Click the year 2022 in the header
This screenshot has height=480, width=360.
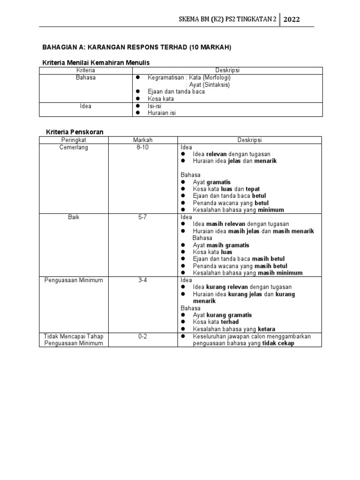pyautogui.click(x=291, y=20)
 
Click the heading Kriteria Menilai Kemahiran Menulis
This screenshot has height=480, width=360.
pyautogui.click(x=96, y=62)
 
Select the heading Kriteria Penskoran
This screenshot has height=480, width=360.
pyautogui.click(x=75, y=132)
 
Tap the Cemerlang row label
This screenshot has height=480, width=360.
pyautogui.click(x=74, y=147)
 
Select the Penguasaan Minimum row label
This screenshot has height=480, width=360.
pyautogui.click(x=74, y=280)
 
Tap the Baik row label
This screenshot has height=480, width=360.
pyautogui.click(x=74, y=217)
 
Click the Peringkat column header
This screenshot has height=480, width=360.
pyautogui.click(x=74, y=140)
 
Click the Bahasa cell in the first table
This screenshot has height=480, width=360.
pyautogui.click(x=85, y=77)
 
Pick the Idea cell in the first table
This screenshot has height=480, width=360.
pyautogui.click(x=85, y=106)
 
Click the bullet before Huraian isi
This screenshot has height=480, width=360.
pyautogui.click(x=138, y=113)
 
